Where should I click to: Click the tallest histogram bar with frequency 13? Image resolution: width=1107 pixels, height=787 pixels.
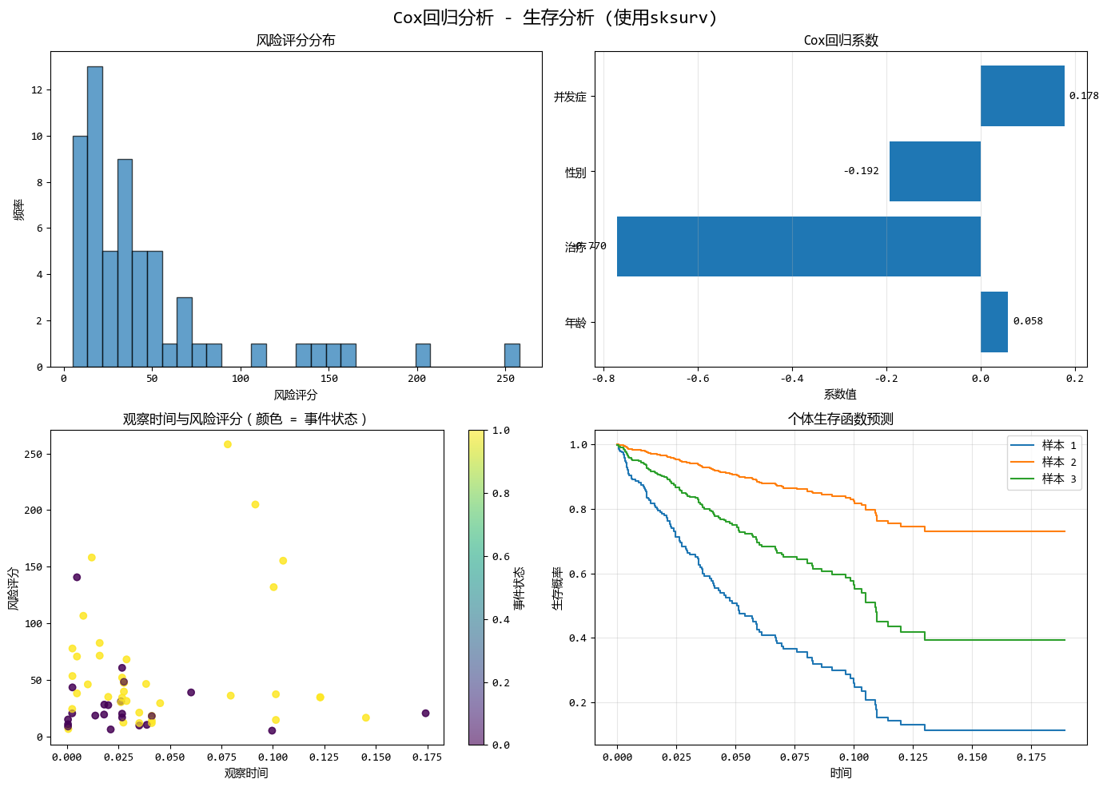point(95,216)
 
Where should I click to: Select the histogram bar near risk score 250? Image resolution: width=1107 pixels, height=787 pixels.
point(512,355)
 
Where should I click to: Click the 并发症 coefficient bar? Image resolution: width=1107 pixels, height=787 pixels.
point(1022,96)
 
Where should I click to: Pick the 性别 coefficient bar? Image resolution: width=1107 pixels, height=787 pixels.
point(934,171)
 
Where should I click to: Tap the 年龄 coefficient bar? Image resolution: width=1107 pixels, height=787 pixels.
point(994,322)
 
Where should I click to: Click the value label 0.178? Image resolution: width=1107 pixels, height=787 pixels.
point(1083,96)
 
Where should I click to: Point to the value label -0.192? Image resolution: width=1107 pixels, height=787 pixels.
point(861,171)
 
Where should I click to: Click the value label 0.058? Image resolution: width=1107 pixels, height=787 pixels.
point(1028,321)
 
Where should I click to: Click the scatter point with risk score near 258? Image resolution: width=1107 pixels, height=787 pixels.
point(228,444)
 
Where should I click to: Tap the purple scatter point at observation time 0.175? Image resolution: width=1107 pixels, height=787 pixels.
point(425,713)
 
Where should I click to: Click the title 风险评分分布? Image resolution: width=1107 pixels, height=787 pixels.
point(296,41)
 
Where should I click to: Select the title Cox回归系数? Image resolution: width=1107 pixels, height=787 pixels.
point(841,41)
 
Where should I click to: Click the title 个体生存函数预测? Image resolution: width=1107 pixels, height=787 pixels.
point(841,419)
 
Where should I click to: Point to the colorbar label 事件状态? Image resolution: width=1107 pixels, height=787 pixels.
point(520,588)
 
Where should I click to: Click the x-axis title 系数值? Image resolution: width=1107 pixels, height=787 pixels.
point(840,394)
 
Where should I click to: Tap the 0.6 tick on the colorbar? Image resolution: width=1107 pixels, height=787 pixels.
point(500,556)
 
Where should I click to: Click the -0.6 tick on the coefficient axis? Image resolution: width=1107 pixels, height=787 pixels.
point(697,379)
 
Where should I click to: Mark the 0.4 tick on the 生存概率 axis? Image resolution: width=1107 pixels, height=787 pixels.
point(577,638)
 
